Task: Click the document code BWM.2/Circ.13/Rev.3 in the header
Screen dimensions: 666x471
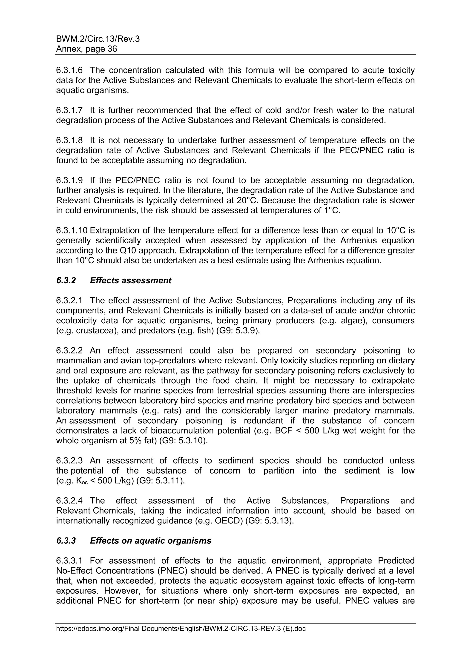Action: coord(98,39)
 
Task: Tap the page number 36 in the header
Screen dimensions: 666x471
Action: coord(112,49)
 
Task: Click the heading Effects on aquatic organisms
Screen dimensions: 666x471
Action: coord(151,541)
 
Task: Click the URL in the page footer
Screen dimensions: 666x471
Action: coord(181,629)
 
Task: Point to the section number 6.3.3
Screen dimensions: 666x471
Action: coord(66,541)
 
